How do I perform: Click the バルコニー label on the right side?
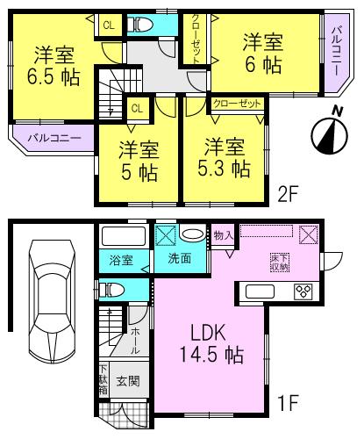(x=336, y=52)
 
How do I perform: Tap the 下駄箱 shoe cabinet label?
(x=103, y=377)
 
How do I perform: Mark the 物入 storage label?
(x=223, y=234)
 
